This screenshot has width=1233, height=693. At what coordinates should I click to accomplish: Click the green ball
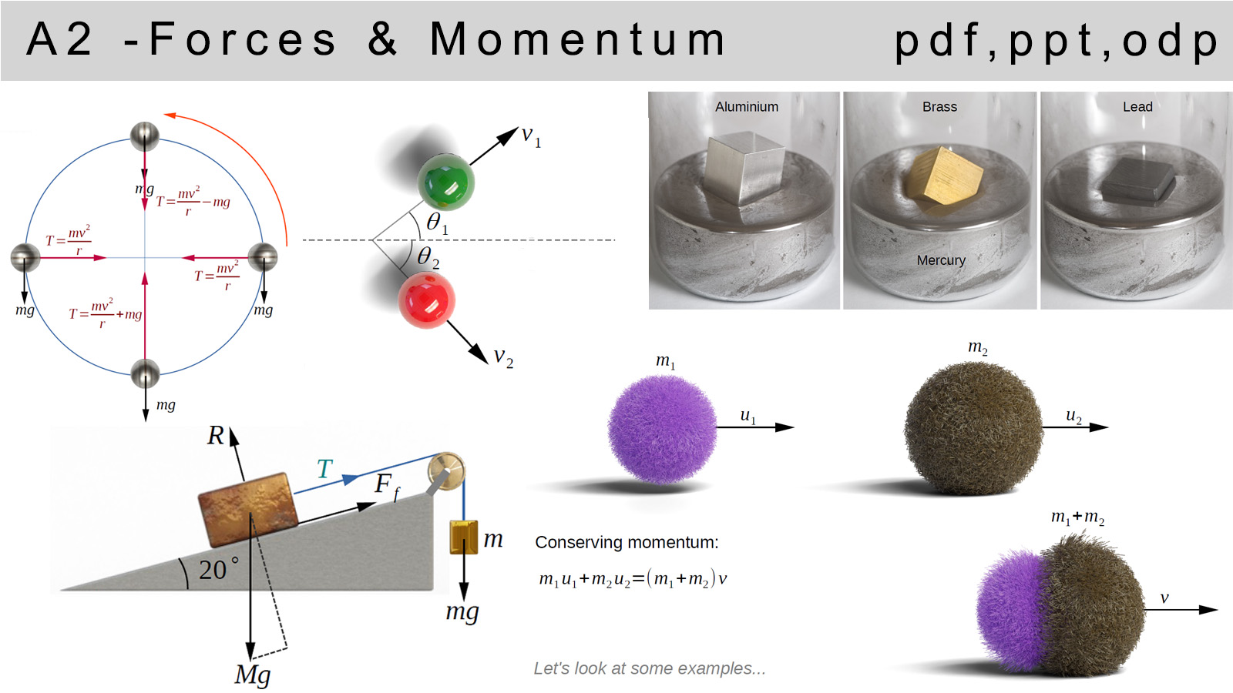(445, 182)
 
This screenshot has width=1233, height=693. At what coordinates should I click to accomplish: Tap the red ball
(427, 300)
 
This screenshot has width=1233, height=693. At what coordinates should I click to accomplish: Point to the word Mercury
(941, 260)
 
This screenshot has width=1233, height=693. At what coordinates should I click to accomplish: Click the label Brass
(939, 107)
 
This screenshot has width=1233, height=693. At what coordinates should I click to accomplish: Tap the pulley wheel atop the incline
(446, 470)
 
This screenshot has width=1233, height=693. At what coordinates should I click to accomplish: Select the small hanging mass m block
(463, 537)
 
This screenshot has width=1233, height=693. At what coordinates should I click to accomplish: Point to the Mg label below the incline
(252, 675)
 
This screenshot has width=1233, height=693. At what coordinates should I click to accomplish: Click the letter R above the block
(215, 436)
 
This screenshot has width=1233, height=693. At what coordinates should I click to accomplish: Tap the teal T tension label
(324, 469)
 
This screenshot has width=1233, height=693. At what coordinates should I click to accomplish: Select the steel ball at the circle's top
(145, 136)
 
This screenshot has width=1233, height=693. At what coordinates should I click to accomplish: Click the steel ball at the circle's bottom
(146, 374)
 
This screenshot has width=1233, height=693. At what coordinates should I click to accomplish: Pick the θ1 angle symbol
(437, 223)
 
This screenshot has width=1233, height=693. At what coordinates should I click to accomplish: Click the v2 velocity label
(503, 357)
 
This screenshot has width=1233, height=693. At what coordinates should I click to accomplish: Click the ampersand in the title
(382, 38)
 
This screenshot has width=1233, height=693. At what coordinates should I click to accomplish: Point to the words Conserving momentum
(627, 542)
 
